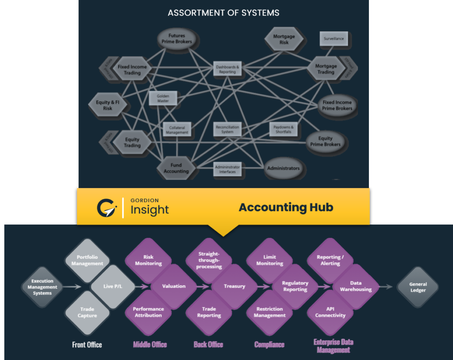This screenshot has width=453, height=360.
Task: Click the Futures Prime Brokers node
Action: [x=177, y=38]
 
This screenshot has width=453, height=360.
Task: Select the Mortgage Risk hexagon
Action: [x=284, y=39]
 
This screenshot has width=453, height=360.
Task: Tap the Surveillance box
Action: [x=334, y=38]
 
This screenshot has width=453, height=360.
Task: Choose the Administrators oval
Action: [x=283, y=168]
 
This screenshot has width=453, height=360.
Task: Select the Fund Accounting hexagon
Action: [x=176, y=168]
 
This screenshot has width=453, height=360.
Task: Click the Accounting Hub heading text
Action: [x=286, y=207]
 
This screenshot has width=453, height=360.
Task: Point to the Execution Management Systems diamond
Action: [x=42, y=287]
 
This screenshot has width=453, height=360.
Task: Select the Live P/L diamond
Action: [x=112, y=286]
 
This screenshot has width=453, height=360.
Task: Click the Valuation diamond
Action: [x=174, y=286]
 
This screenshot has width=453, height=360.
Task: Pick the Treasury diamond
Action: [x=234, y=286]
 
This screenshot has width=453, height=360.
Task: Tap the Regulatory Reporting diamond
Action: [x=295, y=286]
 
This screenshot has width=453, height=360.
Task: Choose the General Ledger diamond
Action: [x=418, y=287]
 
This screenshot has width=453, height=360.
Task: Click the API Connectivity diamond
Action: [x=330, y=312]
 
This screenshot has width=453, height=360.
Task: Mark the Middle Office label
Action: [x=150, y=345]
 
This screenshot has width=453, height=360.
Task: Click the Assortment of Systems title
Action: [x=223, y=13]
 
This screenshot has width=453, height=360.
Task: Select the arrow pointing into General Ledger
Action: [x=386, y=287]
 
